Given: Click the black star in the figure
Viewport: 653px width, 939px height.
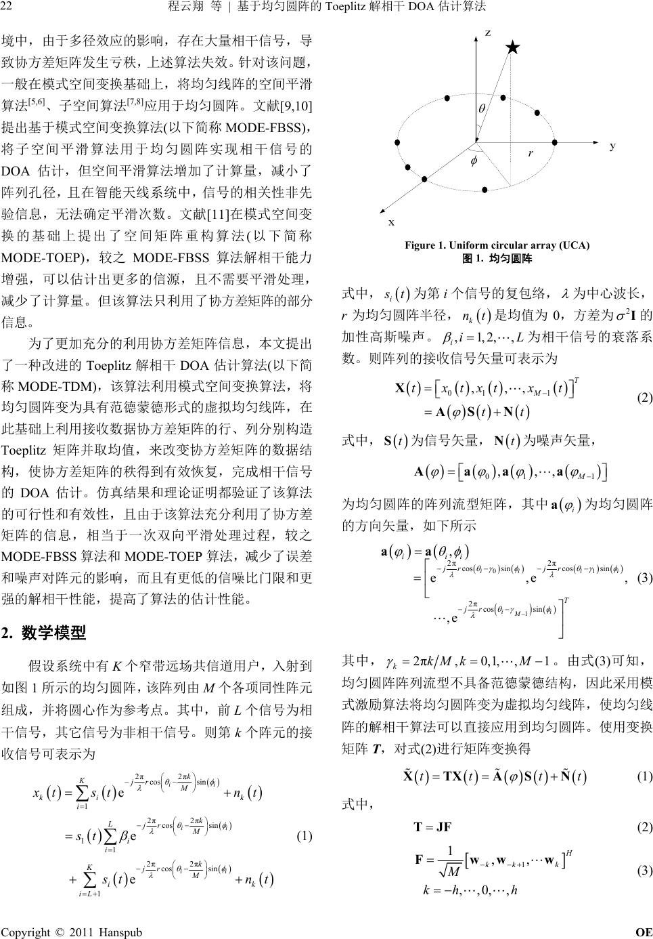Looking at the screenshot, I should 513,47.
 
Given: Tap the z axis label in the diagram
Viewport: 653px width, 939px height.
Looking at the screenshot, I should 488,34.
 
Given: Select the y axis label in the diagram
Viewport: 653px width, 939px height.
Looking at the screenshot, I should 612,146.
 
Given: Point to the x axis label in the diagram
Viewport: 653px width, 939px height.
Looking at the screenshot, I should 390,222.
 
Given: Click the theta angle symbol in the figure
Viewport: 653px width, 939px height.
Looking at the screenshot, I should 482,108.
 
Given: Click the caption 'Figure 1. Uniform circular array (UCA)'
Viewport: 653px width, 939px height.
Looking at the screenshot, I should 497,245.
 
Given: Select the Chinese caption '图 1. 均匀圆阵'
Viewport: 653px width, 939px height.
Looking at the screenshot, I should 497,258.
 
